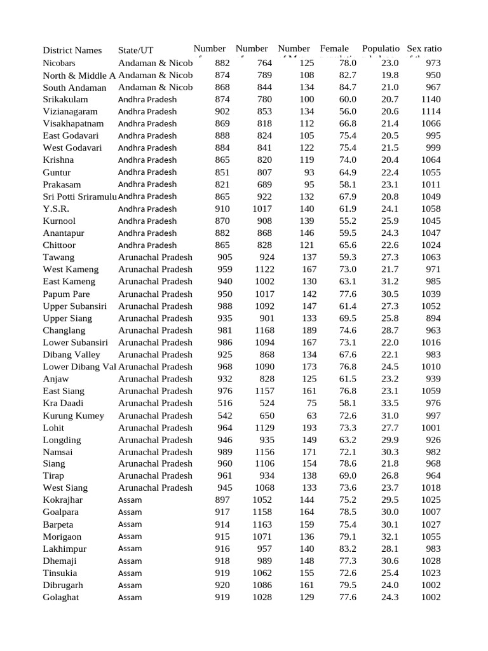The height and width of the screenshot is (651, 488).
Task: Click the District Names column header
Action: pyautogui.click(x=72, y=50)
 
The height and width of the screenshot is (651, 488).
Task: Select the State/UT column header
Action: pyautogui.click(x=135, y=50)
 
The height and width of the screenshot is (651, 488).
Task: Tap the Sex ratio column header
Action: pyautogui.click(x=424, y=49)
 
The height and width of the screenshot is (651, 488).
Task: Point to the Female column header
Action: pyautogui.click(x=334, y=49)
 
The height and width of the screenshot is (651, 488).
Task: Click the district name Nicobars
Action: pyautogui.click(x=59, y=63)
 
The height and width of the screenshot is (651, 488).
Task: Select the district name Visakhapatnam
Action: pyautogui.click(x=73, y=123)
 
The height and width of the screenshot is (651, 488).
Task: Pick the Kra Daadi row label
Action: pyautogui.click(x=63, y=403)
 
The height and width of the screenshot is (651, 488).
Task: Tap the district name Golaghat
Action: pyautogui.click(x=61, y=598)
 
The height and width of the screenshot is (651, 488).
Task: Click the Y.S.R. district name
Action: pyautogui.click(x=57, y=209)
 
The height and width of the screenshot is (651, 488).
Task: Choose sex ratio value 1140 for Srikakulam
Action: pyautogui.click(x=430, y=99)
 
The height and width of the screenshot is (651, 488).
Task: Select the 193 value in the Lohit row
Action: pyautogui.click(x=306, y=428)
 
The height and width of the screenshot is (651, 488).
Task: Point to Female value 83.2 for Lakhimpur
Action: pyautogui.click(x=348, y=549)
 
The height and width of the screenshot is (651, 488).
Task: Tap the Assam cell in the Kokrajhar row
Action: pyautogui.click(x=130, y=500)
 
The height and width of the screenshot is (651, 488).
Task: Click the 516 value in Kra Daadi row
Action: pyautogui.click(x=224, y=403)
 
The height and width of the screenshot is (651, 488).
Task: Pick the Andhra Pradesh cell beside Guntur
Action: pyautogui.click(x=147, y=172)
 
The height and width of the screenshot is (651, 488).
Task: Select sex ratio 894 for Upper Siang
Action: pyautogui.click(x=433, y=318)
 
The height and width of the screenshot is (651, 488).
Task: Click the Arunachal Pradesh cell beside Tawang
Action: pyautogui.click(x=155, y=257)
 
